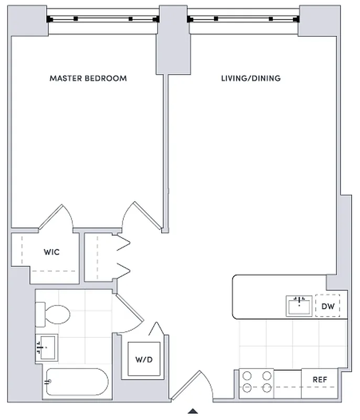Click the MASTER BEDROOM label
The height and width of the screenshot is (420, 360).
click(88, 78)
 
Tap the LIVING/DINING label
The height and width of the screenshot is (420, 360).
click(250, 78)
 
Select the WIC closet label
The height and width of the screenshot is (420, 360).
click(51, 252)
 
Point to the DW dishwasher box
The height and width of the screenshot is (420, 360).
click(327, 306)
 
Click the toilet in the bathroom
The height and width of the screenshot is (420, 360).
click(52, 316)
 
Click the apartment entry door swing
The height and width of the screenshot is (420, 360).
click(192, 386)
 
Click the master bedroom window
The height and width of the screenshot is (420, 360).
click(102, 19)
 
